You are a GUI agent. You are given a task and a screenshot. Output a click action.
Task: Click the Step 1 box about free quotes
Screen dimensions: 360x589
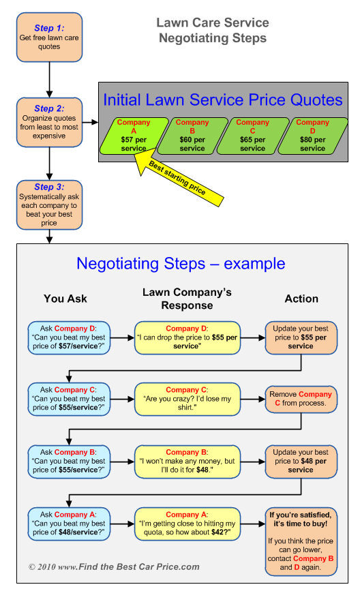pyautogui.click(x=49, y=37)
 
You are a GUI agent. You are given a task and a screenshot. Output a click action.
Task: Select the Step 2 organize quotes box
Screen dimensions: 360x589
pyautogui.click(x=49, y=122)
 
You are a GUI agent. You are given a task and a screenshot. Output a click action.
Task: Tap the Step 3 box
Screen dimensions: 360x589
pyautogui.click(x=49, y=205)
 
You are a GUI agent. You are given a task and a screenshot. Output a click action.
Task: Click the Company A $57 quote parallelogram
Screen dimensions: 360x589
pyautogui.click(x=134, y=136)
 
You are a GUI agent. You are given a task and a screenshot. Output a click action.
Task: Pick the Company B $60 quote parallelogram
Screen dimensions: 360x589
pyautogui.click(x=192, y=136)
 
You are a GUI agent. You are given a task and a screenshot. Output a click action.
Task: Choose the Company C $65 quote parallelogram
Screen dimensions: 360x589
pyautogui.click(x=252, y=136)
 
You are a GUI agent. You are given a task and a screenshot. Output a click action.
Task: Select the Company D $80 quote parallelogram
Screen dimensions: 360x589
pyautogui.click(x=313, y=136)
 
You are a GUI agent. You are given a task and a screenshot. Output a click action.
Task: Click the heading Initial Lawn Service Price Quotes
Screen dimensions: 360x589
pyautogui.click(x=223, y=100)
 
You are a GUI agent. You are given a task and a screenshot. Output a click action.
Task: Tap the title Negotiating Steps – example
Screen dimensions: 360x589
pyautogui.click(x=181, y=263)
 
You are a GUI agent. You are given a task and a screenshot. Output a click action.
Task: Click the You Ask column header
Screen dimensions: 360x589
pyautogui.click(x=65, y=299)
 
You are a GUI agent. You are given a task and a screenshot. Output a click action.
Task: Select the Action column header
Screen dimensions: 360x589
pyautogui.click(x=301, y=299)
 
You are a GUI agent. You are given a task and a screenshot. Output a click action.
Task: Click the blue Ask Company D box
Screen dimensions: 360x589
pyautogui.click(x=69, y=337)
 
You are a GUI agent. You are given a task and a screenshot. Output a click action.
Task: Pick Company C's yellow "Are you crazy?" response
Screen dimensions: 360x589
pyautogui.click(x=187, y=399)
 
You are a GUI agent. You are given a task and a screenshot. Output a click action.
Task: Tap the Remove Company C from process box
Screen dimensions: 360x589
pyautogui.click(x=301, y=399)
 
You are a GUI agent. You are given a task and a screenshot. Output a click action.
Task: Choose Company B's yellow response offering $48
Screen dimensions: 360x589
pyautogui.click(x=187, y=462)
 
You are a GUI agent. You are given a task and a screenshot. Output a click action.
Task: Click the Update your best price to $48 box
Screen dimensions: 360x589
pyautogui.click(x=301, y=462)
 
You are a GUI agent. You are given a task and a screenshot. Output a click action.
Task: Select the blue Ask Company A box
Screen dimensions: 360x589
pyautogui.click(x=69, y=524)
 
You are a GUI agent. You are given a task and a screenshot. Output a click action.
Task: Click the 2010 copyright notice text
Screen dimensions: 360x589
pyautogui.click(x=115, y=567)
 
